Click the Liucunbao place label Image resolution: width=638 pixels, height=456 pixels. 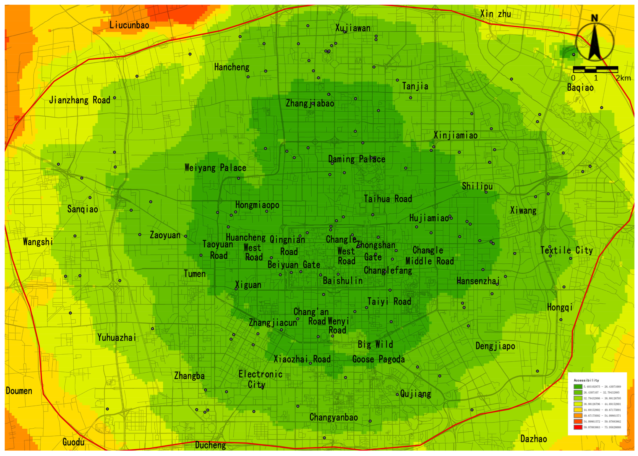(x=129, y=25)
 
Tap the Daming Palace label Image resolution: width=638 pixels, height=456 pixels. (x=356, y=159)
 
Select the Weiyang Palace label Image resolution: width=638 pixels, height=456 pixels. (x=215, y=168)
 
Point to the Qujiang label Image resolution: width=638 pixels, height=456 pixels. (x=415, y=394)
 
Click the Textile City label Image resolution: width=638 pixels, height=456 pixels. (x=567, y=250)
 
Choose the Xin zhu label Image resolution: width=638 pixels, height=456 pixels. (x=495, y=14)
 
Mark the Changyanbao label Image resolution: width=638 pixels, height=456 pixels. (x=333, y=417)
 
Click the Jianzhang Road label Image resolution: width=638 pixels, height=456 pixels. (x=80, y=100)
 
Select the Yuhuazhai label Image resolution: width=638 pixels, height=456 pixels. (x=117, y=337)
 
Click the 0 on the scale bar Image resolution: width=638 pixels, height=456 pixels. (x=573, y=78)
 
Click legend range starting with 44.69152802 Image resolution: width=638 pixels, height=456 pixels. (x=602, y=410)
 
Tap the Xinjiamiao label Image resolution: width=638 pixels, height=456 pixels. (x=455, y=135)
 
